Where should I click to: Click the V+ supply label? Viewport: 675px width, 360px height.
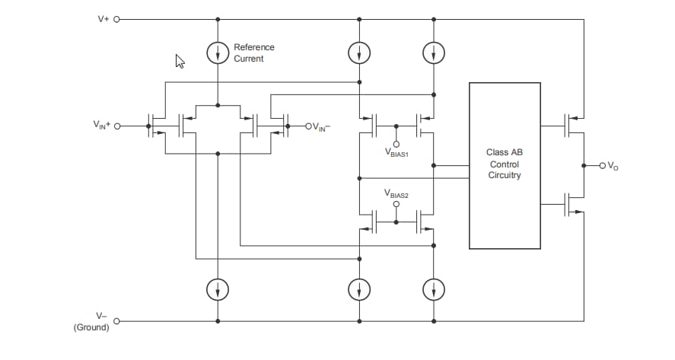click(x=103, y=19)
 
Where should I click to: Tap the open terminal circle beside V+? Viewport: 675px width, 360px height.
click(x=117, y=19)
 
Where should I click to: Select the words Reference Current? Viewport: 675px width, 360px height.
click(x=253, y=53)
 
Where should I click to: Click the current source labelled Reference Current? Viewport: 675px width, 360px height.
click(x=218, y=53)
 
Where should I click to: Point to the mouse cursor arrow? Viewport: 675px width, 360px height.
click(x=180, y=61)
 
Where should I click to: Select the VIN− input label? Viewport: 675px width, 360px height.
click(x=320, y=127)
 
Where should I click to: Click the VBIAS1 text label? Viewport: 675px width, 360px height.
click(x=396, y=154)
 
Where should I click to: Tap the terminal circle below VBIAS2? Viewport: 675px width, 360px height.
click(x=396, y=205)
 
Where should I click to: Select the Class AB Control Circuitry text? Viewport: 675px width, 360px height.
click(x=504, y=164)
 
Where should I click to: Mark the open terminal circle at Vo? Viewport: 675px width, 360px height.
click(x=602, y=165)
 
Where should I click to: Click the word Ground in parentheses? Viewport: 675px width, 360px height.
click(x=91, y=327)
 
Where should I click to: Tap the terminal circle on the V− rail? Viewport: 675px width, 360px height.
click(x=117, y=321)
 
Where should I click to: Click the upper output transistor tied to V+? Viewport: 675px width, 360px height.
click(x=573, y=125)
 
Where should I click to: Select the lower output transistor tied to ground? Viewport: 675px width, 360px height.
click(x=573, y=204)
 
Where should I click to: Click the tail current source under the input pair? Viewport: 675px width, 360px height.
click(x=218, y=289)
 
